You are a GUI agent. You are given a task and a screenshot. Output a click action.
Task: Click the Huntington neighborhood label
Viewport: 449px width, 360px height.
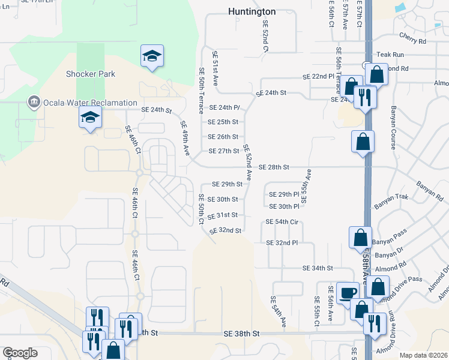pyautogui.click(x=252, y=11)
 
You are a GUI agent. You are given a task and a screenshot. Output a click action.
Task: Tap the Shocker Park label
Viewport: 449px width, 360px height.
pyautogui.click(x=90, y=74)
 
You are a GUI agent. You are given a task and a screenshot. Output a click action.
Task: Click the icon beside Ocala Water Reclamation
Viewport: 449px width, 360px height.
pyautogui.click(x=34, y=103)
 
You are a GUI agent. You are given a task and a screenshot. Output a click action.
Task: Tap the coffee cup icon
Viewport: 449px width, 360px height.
pyautogui.click(x=348, y=292)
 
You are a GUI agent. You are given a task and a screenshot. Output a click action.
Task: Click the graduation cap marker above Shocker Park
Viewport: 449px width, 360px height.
pyautogui.click(x=152, y=56)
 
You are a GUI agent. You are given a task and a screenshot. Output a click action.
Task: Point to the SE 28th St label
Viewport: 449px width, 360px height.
pyautogui.click(x=274, y=167)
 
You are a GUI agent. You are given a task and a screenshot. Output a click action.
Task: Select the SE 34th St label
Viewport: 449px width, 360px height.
pyautogui.click(x=318, y=268)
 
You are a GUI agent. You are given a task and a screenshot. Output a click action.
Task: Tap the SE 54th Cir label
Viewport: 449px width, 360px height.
pyautogui.click(x=282, y=222)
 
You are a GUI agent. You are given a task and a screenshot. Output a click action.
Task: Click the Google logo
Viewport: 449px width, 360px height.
pyautogui.click(x=20, y=353)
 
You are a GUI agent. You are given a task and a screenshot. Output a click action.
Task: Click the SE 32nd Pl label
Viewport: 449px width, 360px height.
pyautogui.click(x=282, y=242)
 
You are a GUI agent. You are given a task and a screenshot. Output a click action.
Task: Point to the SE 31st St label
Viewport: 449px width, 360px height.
pyautogui.click(x=223, y=215)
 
